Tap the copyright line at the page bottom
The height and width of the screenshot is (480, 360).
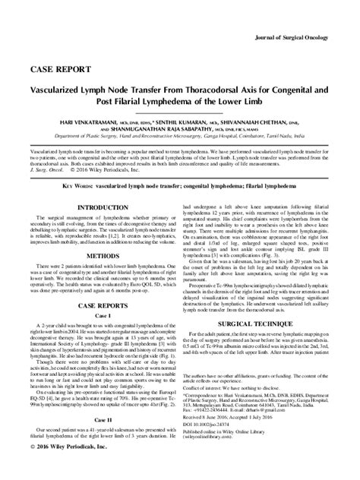tap(69, 469)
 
